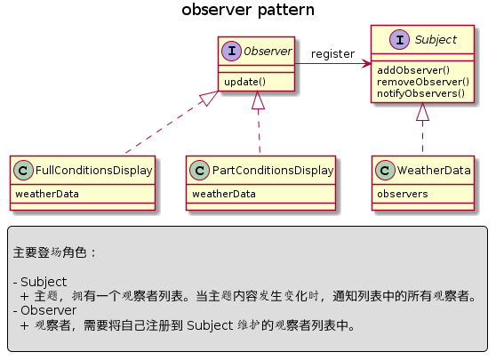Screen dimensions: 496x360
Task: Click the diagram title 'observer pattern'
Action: click(x=248, y=10)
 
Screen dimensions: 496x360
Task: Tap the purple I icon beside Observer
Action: click(x=231, y=51)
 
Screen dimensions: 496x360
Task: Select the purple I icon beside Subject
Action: click(x=399, y=39)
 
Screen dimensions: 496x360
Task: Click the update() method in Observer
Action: click(x=244, y=82)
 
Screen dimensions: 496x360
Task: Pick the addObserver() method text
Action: click(x=413, y=70)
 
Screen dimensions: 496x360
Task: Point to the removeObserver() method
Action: click(x=423, y=82)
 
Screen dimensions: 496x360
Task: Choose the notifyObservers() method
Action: click(x=420, y=93)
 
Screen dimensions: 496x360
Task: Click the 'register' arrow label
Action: click(x=332, y=54)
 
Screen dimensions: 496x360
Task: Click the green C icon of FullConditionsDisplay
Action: click(x=23, y=170)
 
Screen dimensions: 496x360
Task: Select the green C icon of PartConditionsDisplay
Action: click(x=199, y=170)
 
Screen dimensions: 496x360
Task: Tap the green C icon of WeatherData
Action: click(x=385, y=170)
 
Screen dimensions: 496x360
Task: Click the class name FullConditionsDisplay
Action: click(x=94, y=170)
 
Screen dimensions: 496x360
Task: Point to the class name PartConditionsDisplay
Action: click(x=273, y=170)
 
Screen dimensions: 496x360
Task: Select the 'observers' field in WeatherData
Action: click(x=403, y=194)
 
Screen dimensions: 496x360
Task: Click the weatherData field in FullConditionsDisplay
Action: click(x=47, y=194)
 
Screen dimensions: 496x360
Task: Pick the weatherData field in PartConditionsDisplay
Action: click(x=224, y=194)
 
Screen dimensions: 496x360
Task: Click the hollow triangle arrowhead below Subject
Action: click(x=422, y=112)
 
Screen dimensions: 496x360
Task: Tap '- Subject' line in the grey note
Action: click(x=40, y=282)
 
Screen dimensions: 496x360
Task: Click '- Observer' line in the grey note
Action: click(x=44, y=310)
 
